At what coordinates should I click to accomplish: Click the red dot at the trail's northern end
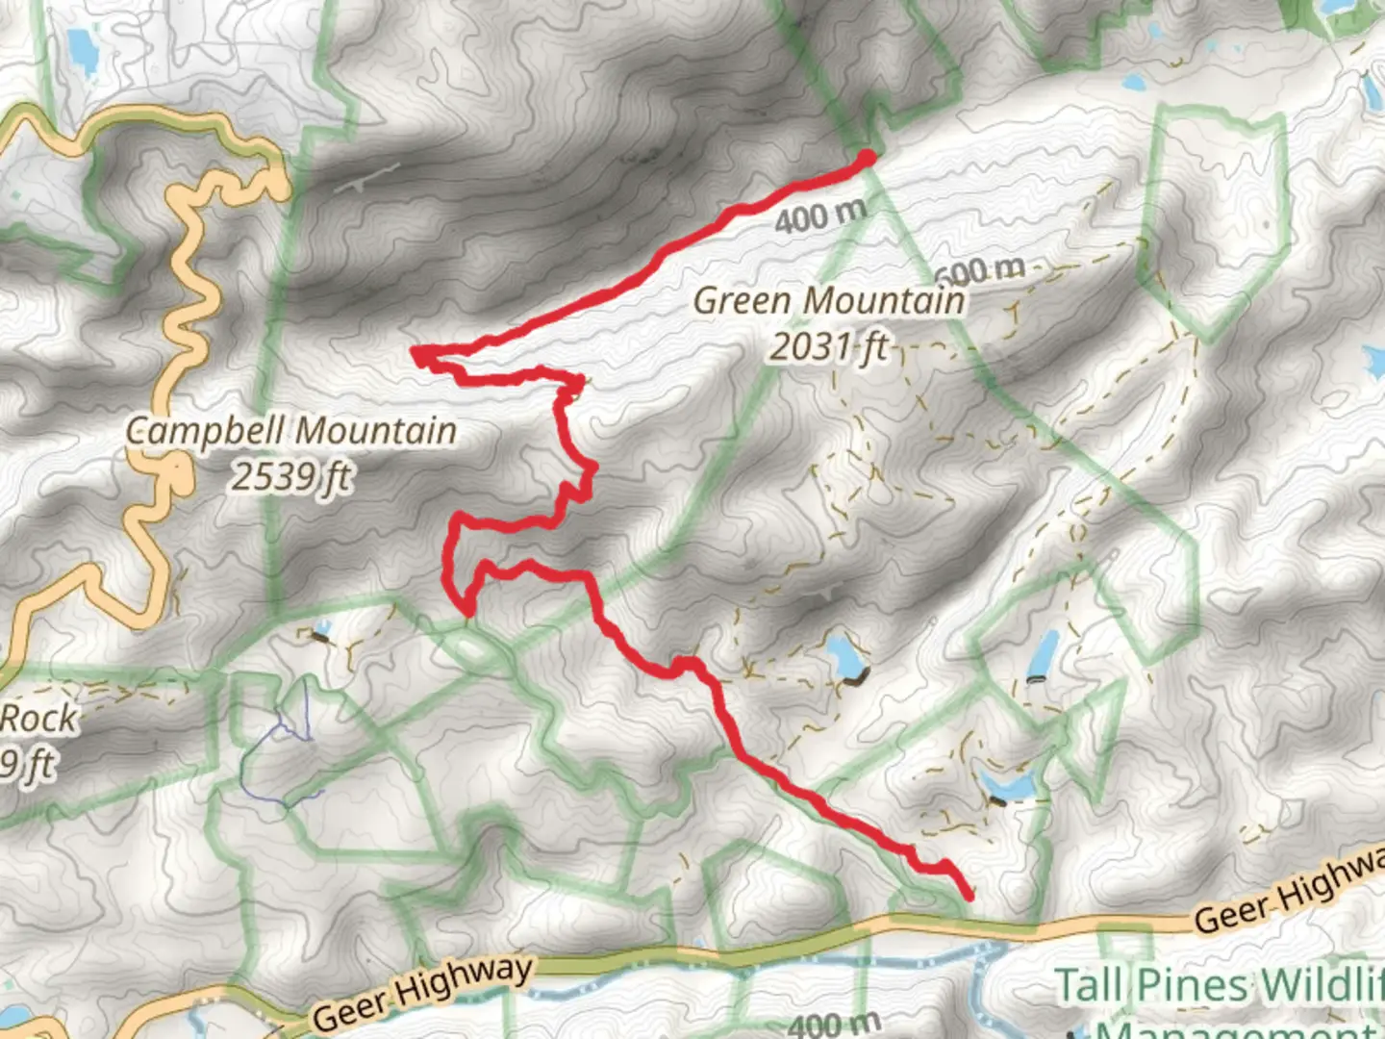pos(867,158)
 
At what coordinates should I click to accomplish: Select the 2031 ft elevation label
pos(828,346)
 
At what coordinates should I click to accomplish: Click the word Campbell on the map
pos(204,431)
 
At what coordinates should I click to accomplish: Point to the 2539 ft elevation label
pos(290,476)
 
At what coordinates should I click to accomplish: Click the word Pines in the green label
pos(1193,985)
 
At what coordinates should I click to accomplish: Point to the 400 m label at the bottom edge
pos(834,1024)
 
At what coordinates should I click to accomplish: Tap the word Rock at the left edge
pos(38,718)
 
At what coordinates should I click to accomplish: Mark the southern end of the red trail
pos(968,896)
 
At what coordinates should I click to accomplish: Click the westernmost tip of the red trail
pos(415,352)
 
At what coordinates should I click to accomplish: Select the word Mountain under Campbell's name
pos(376,431)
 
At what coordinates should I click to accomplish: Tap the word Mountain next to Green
pos(884,301)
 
